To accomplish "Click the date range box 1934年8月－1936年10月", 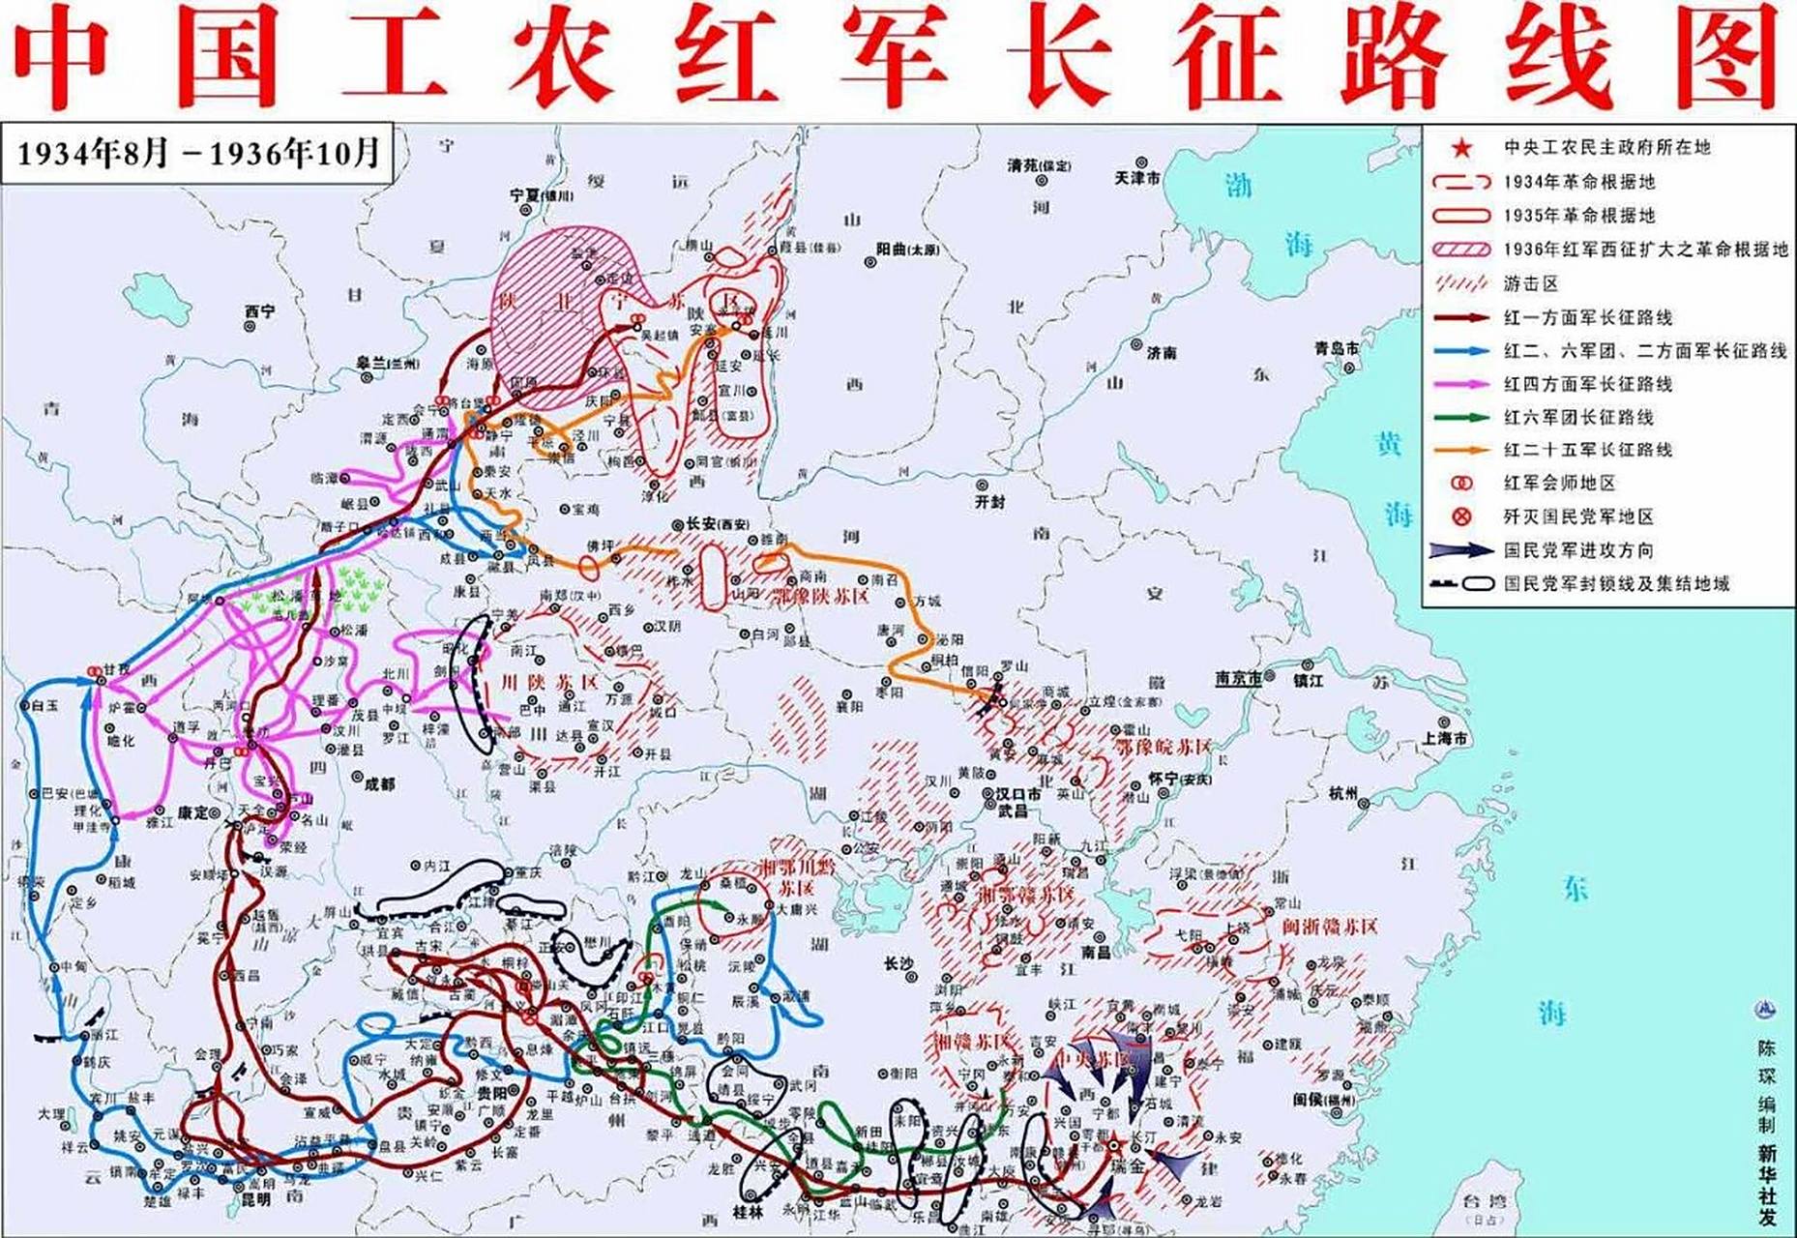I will pos(198,154).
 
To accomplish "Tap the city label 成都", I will pos(379,783).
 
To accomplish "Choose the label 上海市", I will pos(1445,738).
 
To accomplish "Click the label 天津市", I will pos(1137,179).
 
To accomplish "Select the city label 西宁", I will pos(259,311).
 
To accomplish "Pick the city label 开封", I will pos(990,502).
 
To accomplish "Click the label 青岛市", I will pos(1336,348).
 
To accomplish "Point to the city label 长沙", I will pos(898,963).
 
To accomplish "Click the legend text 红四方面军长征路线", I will pos(1587,384).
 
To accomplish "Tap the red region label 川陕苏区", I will pos(549,683).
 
